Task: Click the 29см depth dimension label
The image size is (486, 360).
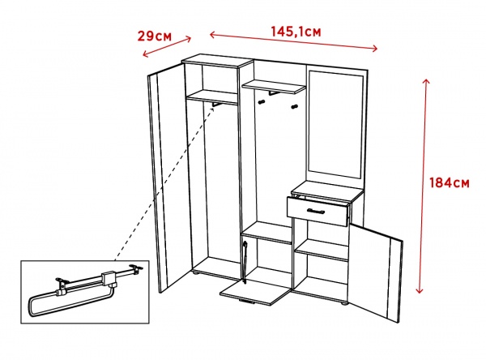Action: tap(155, 36)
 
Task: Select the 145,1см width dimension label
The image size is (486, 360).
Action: tap(296, 32)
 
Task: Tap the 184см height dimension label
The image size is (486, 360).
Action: tap(449, 182)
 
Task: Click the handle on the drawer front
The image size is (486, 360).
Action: tap(316, 212)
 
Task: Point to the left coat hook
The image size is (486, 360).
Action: tap(262, 101)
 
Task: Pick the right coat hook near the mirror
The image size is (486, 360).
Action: tap(294, 107)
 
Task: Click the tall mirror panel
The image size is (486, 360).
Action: tap(335, 125)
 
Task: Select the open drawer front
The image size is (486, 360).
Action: tap(318, 212)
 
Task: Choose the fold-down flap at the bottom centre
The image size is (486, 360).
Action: tap(254, 293)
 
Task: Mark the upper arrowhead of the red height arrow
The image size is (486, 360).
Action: tap(426, 82)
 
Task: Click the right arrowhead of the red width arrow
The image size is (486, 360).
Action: tap(375, 48)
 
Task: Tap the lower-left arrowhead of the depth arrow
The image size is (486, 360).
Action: tap(146, 54)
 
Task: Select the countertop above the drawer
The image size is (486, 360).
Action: tap(327, 190)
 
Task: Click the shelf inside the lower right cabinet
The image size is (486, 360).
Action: tap(322, 250)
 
